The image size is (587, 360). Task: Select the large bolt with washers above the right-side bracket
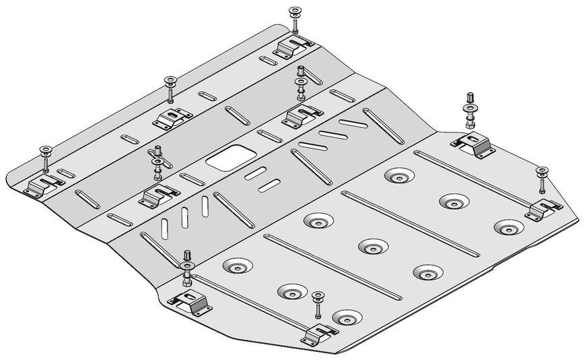click(x=469, y=109)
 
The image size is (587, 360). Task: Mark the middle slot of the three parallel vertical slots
click(x=183, y=217)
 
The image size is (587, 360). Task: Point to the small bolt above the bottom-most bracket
click(x=317, y=304)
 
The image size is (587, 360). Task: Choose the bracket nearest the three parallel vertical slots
click(x=158, y=195)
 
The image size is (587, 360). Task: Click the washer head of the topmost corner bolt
click(x=295, y=11)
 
